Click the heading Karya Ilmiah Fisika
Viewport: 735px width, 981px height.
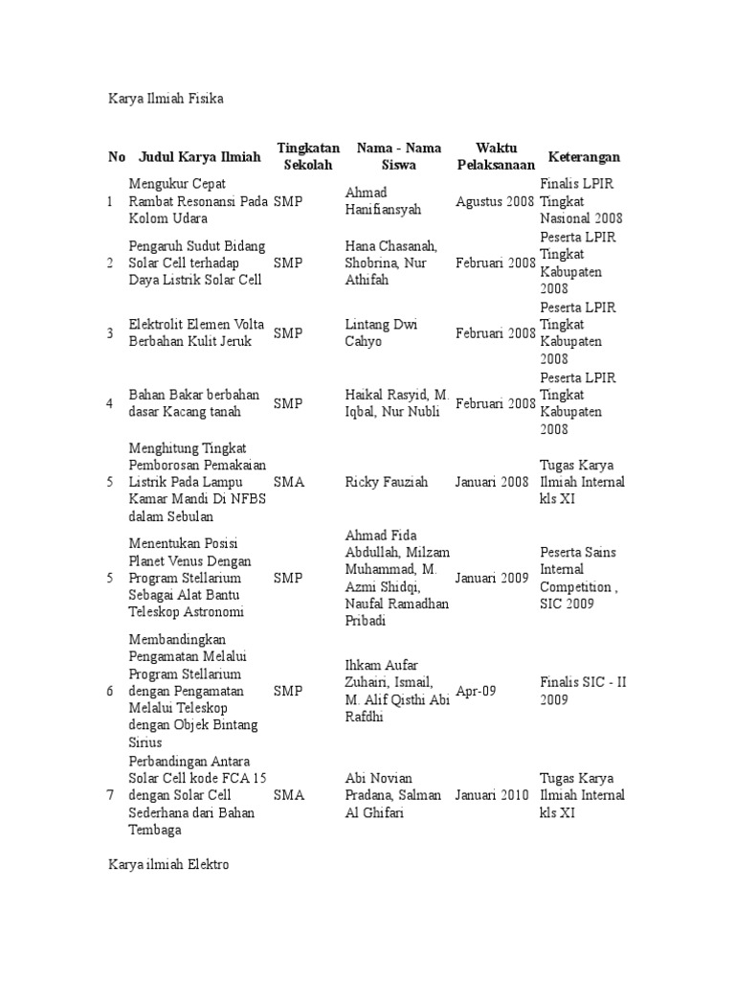coord(166,99)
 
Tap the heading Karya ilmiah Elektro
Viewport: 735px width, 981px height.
coord(168,864)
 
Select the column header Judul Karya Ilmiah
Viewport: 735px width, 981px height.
coord(199,157)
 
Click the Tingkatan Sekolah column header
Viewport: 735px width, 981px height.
coord(308,156)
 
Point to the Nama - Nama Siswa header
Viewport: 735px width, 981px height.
coord(399,156)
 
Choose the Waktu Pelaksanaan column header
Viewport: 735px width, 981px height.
coord(496,156)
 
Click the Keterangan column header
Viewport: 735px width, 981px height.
coord(584,157)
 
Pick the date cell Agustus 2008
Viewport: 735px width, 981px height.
coord(495,202)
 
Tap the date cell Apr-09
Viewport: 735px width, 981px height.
coord(476,691)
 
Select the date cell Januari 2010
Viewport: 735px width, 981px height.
coord(495,795)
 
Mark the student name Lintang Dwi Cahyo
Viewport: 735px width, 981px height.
coord(380,333)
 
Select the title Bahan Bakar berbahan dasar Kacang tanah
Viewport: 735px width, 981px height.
coord(194,403)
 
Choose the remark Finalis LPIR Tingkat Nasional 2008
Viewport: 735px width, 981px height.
coord(582,202)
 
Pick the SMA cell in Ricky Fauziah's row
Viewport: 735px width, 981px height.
coord(289,482)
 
